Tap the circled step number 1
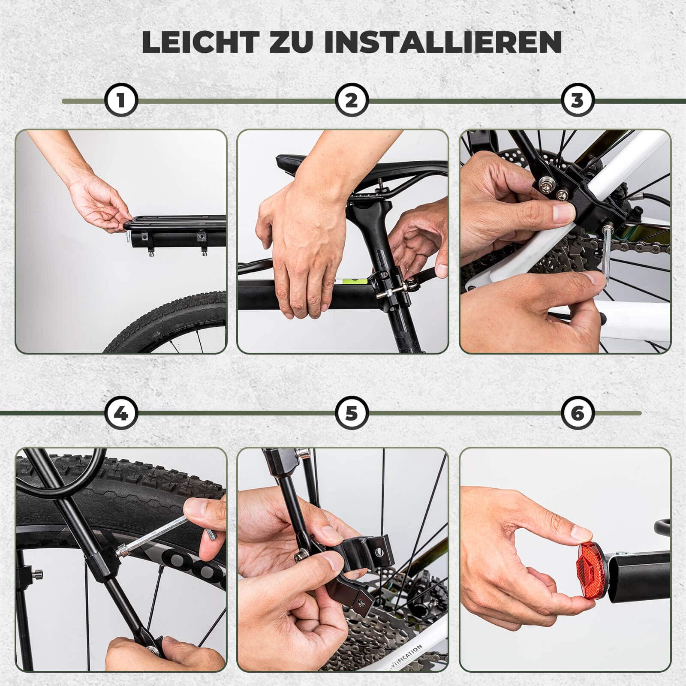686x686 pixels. (121, 100)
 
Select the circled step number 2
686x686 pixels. (351, 100)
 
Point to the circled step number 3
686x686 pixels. (578, 100)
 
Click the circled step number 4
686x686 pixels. (121, 413)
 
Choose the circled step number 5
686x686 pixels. (351, 413)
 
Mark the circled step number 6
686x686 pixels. (578, 413)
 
